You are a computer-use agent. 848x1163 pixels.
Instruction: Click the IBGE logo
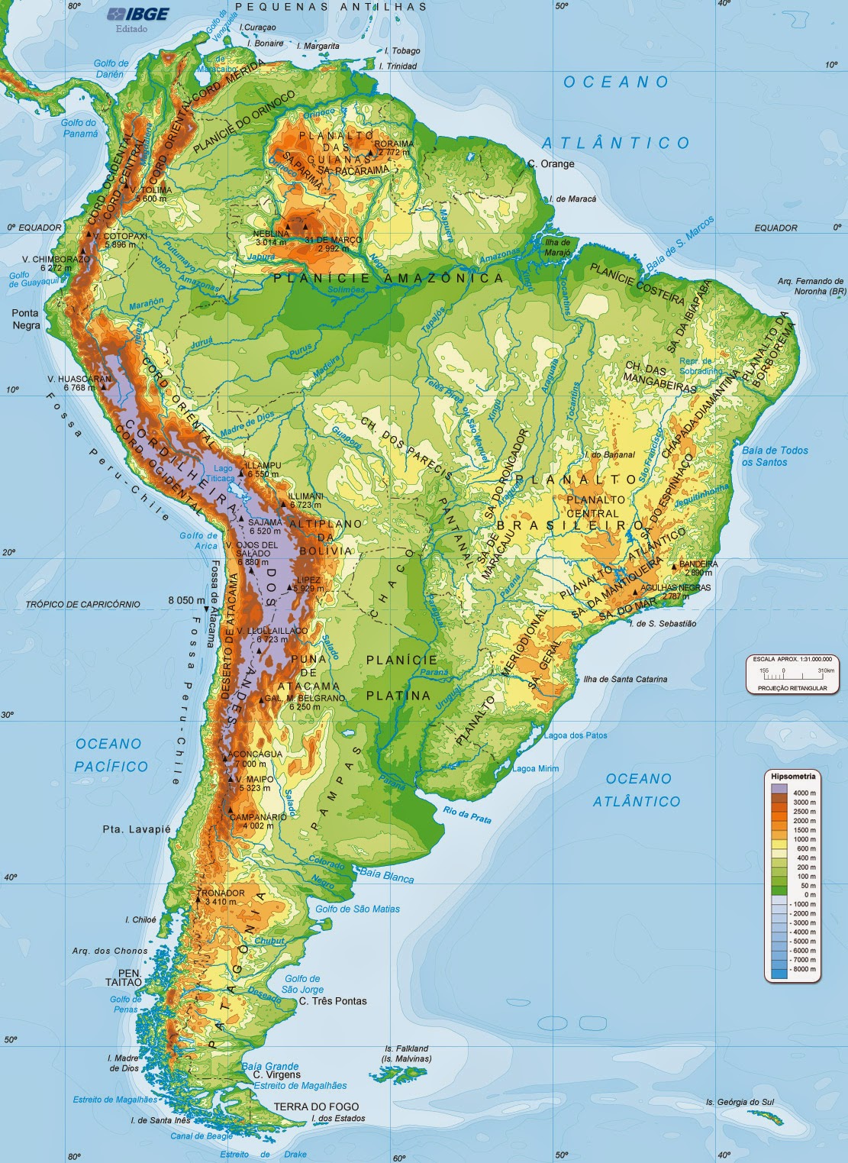click(137, 14)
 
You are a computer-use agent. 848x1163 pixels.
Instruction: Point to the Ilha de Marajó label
click(557, 247)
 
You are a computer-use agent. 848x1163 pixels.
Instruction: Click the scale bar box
click(792, 674)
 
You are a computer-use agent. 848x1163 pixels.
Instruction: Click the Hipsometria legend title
click(793, 777)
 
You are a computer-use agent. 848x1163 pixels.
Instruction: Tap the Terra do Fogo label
click(316, 1106)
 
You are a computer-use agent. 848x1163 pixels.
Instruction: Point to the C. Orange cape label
click(551, 163)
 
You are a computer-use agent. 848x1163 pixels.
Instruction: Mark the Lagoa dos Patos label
click(576, 735)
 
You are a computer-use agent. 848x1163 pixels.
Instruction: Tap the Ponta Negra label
click(25, 319)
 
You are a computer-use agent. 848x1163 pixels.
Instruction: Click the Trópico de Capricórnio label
click(83, 604)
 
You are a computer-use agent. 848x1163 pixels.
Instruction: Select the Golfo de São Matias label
click(357, 909)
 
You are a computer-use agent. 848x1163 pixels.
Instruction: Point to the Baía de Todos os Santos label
click(775, 456)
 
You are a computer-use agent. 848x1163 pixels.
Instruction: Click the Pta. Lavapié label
click(137, 829)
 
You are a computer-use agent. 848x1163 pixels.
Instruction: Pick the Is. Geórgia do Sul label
click(740, 1102)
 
